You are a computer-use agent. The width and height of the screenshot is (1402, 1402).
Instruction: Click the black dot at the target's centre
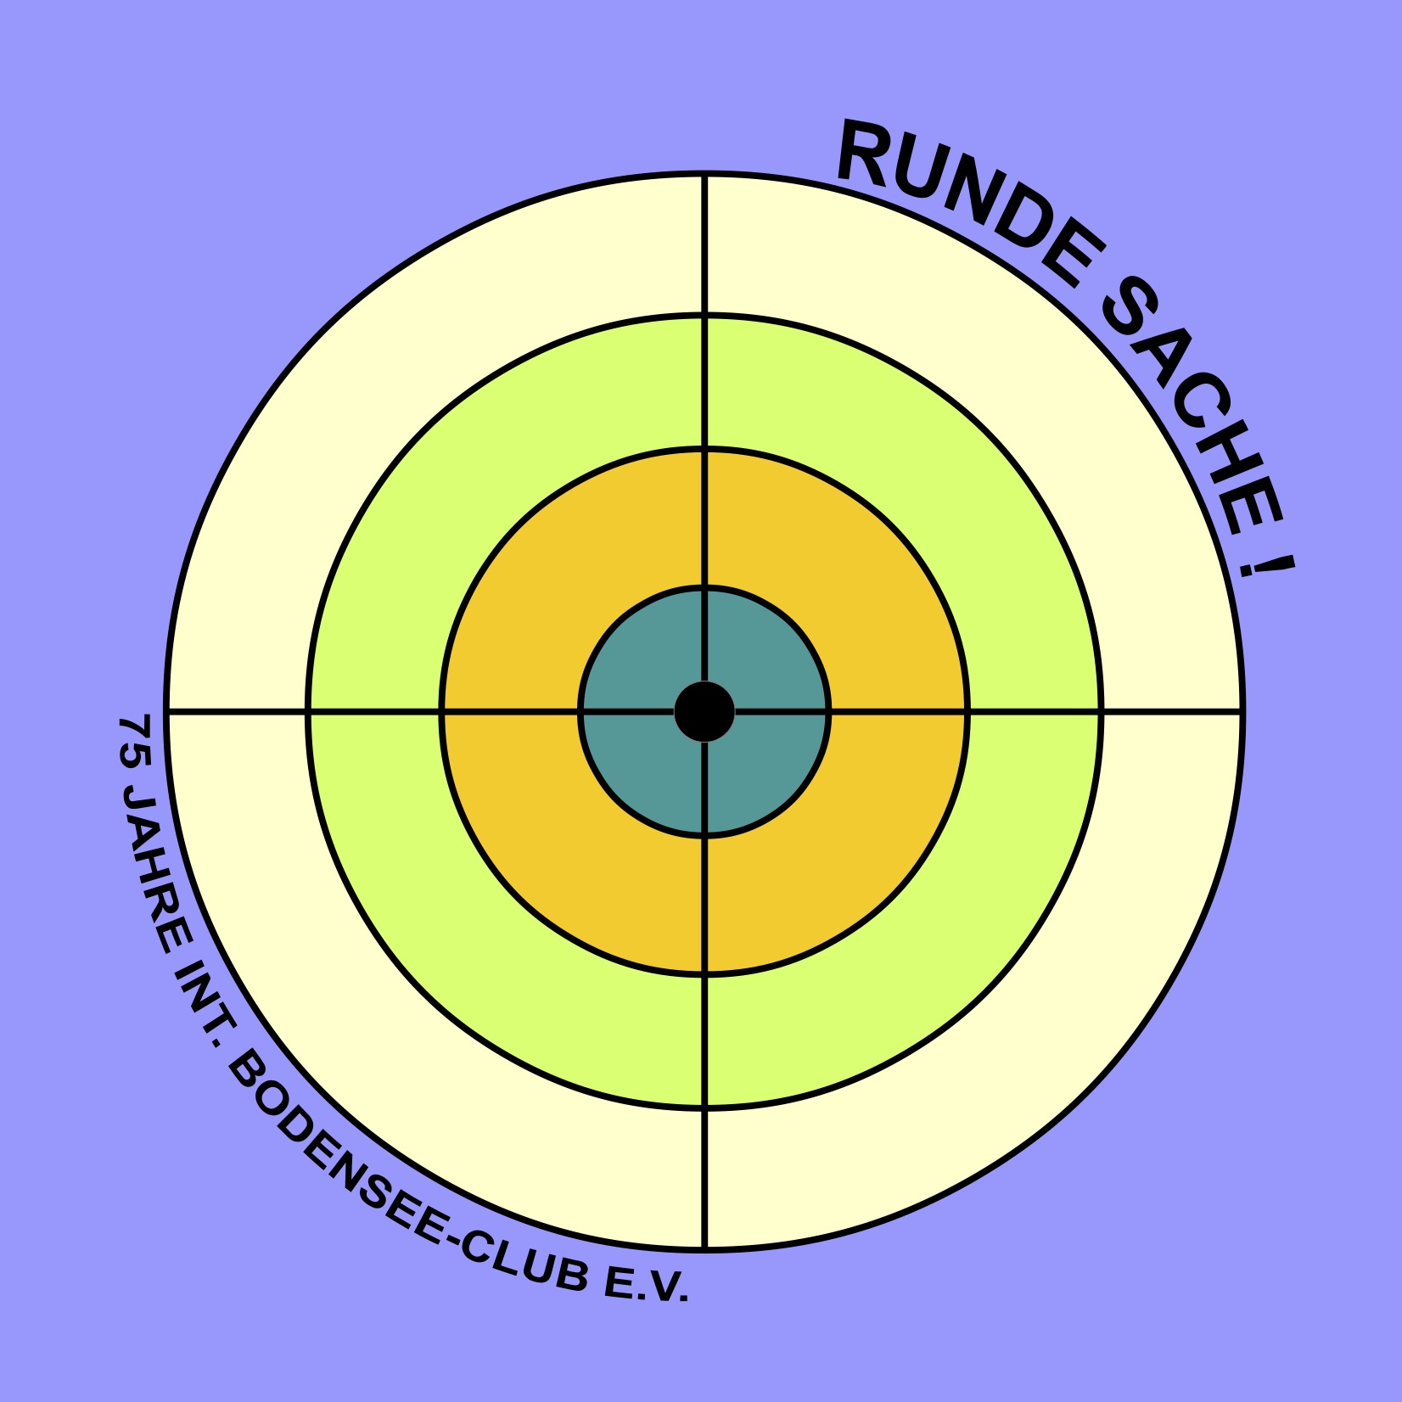(704, 711)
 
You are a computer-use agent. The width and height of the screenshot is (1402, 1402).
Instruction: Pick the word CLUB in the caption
(526, 1262)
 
